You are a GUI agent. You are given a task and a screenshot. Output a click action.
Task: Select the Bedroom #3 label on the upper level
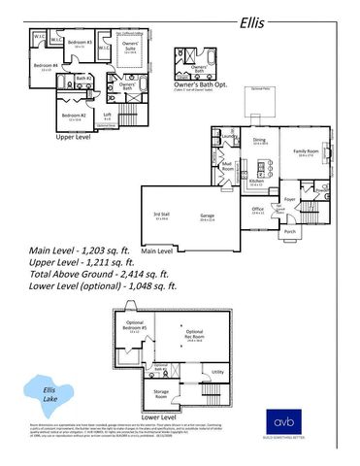point(80,44)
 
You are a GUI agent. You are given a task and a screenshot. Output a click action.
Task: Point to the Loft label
point(109,115)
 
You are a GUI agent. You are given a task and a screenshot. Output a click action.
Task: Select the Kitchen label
point(256,182)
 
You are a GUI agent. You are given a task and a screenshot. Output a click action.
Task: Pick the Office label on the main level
point(258,209)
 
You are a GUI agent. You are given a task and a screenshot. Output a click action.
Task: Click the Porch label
point(289,232)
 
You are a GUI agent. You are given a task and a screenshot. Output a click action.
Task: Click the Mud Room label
point(228,166)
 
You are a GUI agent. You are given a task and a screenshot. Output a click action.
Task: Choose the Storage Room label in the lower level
point(160,393)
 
